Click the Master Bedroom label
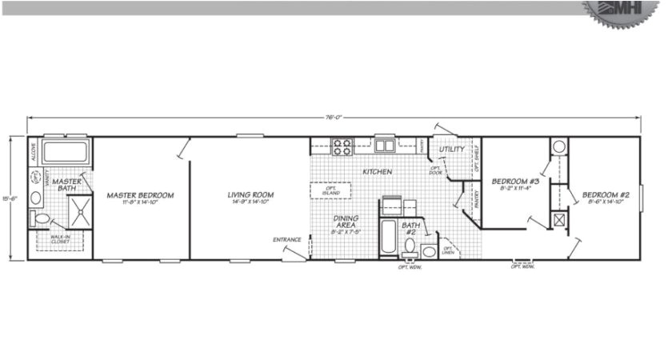click(140, 195)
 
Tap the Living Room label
click(250, 195)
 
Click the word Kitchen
click(376, 172)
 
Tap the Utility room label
click(453, 150)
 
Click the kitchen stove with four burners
click(342, 146)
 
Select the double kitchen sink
click(385, 146)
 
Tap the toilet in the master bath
click(42, 218)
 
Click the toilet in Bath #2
click(410, 246)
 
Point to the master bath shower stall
click(79, 212)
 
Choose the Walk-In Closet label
click(60, 238)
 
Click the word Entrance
click(286, 239)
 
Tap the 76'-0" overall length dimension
click(334, 117)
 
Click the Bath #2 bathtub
click(387, 239)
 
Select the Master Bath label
click(67, 185)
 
